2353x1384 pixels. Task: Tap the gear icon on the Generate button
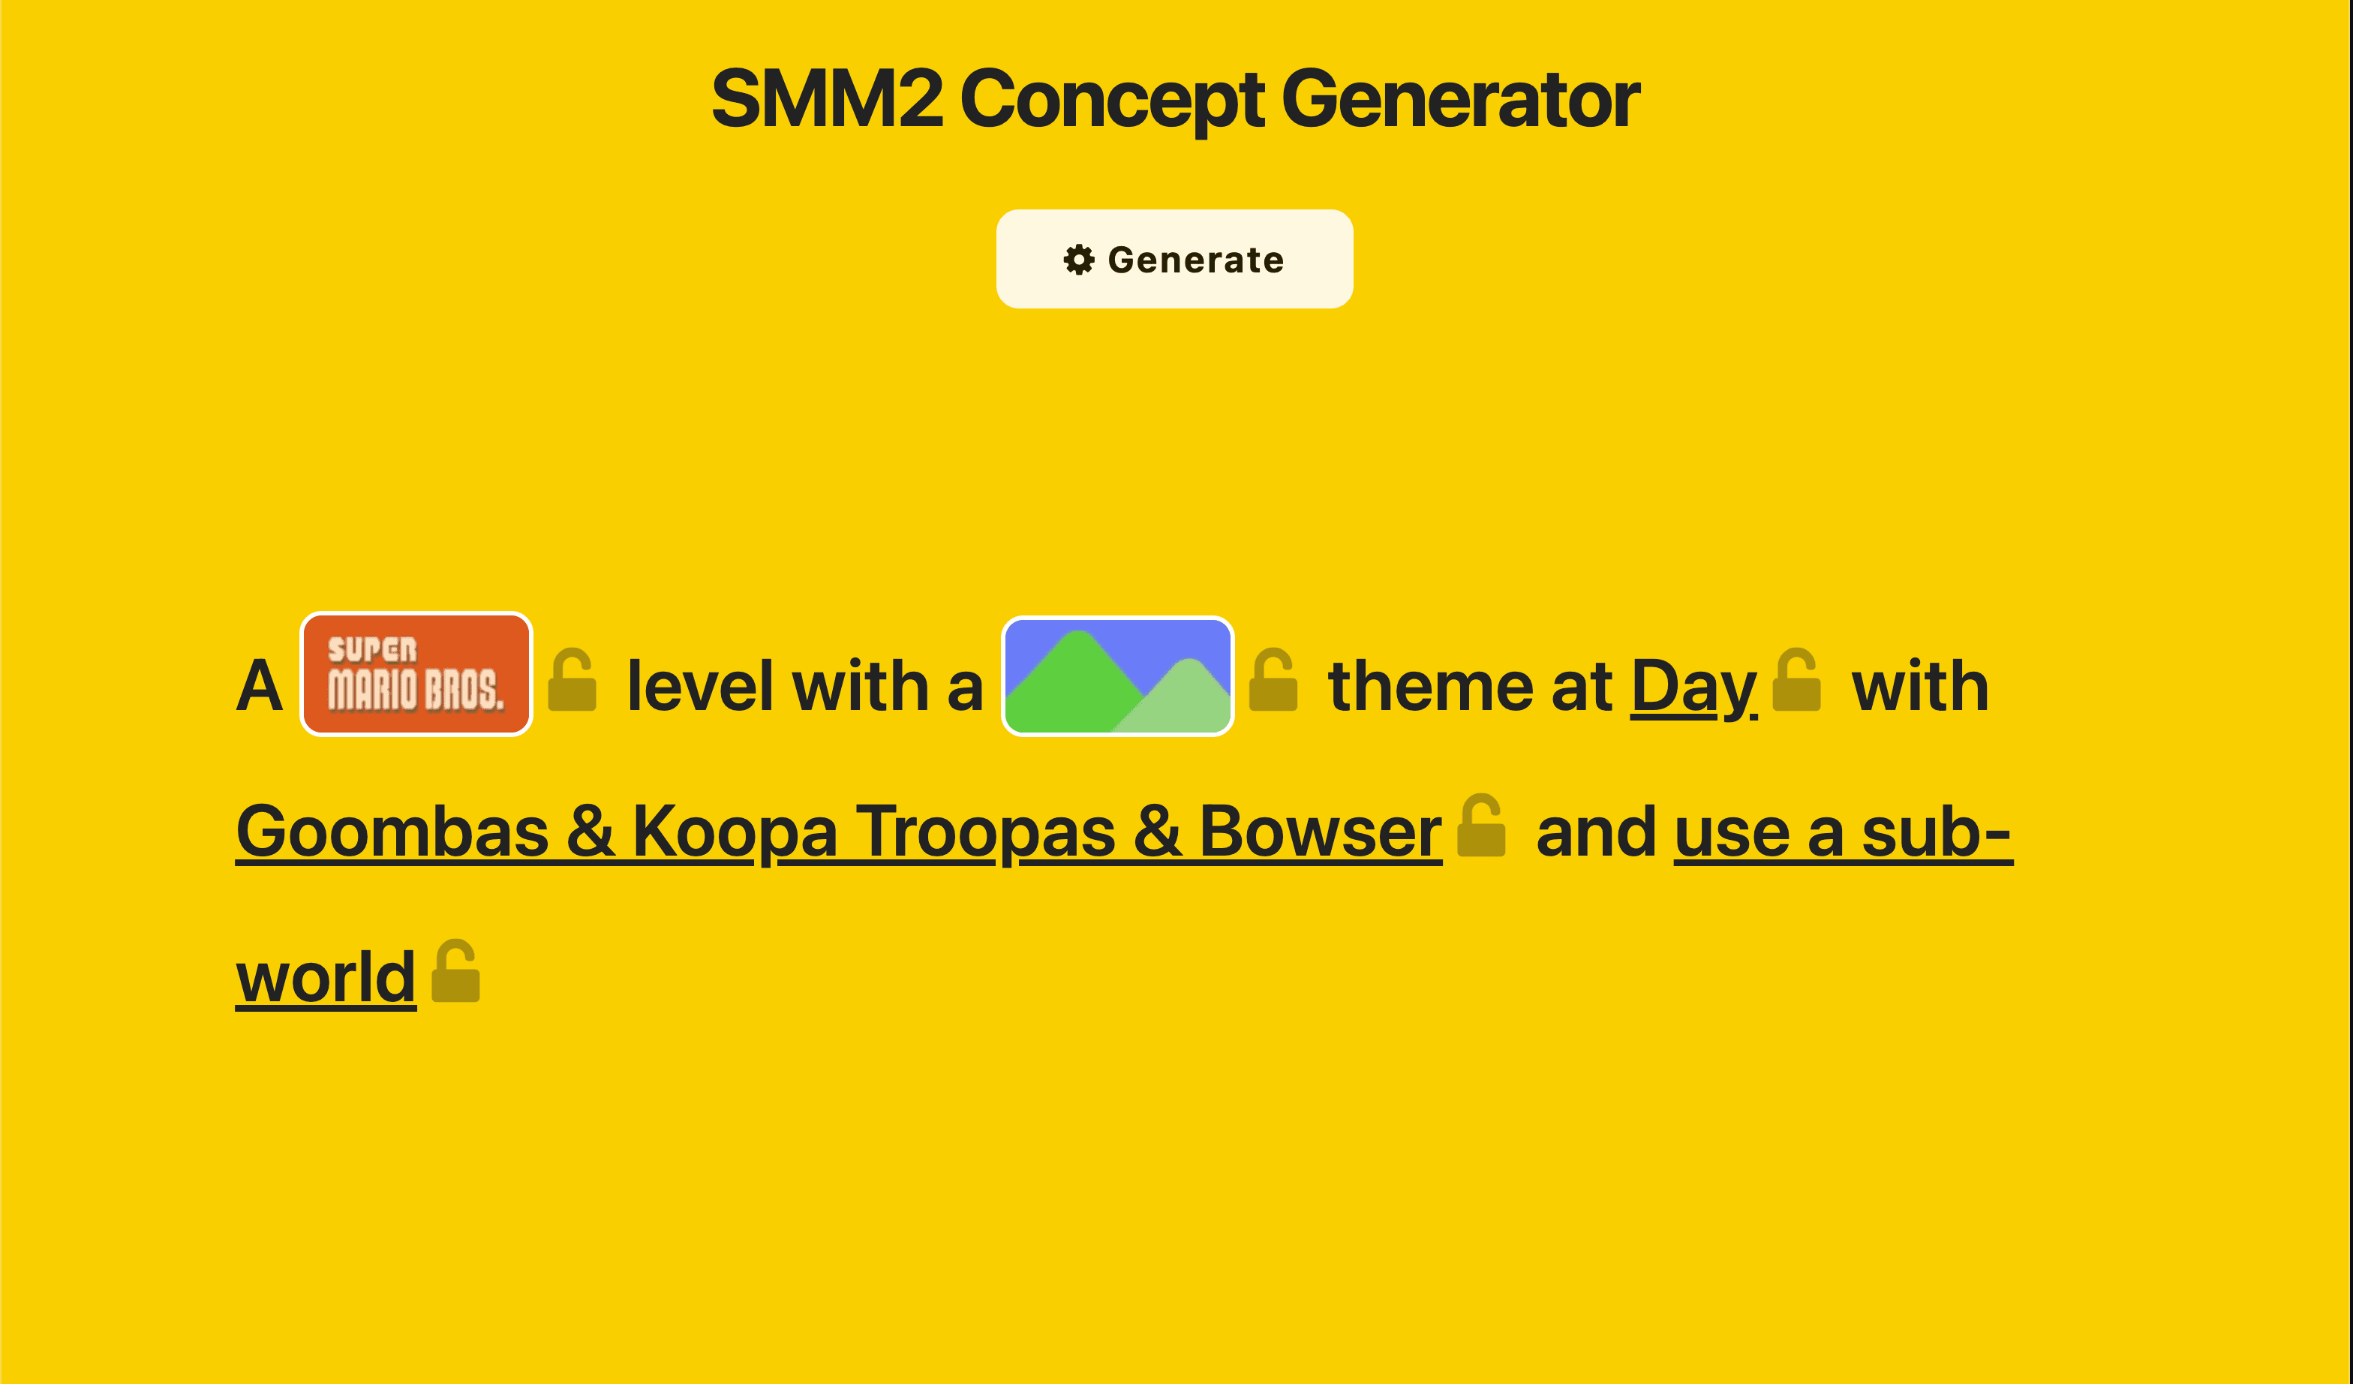1078,260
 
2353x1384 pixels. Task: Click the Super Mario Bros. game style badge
416,673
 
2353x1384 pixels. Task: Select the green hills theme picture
1118,675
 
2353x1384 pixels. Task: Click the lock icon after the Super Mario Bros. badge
572,681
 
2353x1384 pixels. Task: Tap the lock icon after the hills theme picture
1273,681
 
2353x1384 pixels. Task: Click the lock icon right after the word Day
1796,681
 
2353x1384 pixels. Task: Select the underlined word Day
1693,687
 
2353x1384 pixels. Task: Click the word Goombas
392,831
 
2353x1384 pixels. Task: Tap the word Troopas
985,831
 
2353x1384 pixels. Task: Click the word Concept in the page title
1111,99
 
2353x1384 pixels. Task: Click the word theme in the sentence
1429,687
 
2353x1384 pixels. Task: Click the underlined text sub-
1937,831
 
